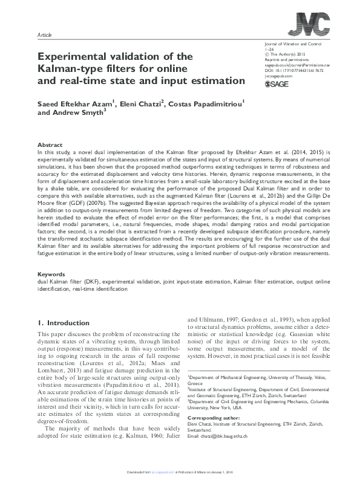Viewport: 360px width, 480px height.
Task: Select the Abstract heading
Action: [x=50, y=145]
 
